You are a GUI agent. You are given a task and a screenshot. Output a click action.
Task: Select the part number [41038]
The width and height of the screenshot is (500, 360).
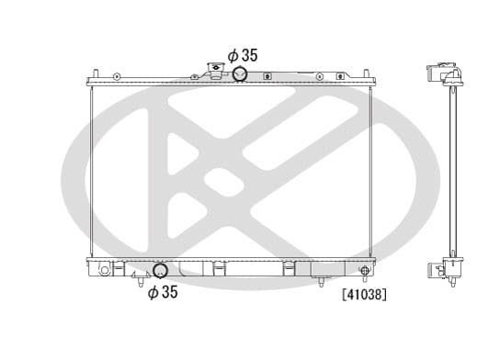coord(362,296)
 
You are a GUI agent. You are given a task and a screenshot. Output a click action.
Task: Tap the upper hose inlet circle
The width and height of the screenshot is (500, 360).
coord(241,74)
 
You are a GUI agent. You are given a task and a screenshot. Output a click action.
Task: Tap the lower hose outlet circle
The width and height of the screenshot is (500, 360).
coord(160,270)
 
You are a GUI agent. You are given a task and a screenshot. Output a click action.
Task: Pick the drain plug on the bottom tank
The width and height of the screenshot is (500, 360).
coord(364,270)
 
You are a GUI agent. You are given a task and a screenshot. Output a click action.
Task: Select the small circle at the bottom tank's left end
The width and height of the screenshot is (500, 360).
coord(104,271)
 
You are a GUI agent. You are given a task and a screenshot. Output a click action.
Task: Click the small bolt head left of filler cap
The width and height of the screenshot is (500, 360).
coord(196,74)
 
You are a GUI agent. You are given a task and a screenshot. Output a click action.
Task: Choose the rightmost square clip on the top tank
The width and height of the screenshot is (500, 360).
coord(339,76)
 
